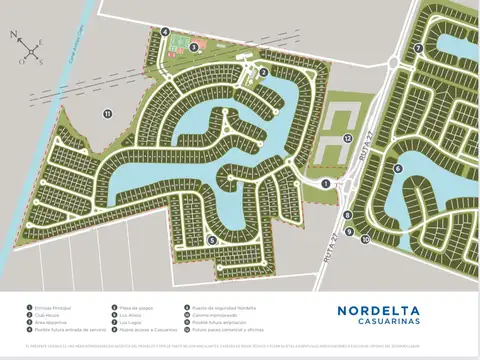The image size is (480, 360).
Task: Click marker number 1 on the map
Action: (x=326, y=183)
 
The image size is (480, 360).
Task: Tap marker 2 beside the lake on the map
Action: (x=263, y=72)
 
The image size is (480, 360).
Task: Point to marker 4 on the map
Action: (x=164, y=31)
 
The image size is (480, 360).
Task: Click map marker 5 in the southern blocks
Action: (x=212, y=240)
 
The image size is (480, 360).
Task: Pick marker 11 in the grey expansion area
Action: (x=106, y=114)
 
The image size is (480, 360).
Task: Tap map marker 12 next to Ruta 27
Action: (x=347, y=137)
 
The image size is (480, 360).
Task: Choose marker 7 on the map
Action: (x=420, y=47)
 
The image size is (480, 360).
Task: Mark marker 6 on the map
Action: (x=398, y=168)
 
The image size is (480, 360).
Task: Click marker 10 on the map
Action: (x=366, y=239)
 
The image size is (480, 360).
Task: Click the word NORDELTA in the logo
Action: (x=384, y=310)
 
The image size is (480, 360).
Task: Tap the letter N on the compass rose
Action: (x=14, y=35)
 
